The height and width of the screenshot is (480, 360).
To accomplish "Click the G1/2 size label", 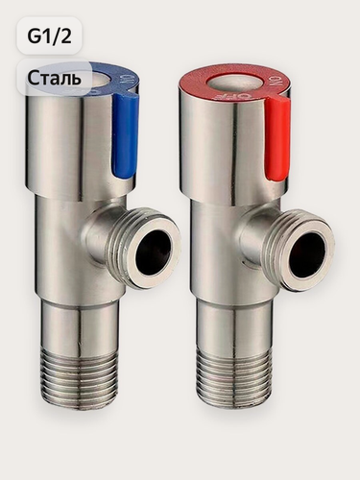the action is click(x=49, y=36).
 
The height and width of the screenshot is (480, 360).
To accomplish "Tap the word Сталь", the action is click(x=54, y=78).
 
